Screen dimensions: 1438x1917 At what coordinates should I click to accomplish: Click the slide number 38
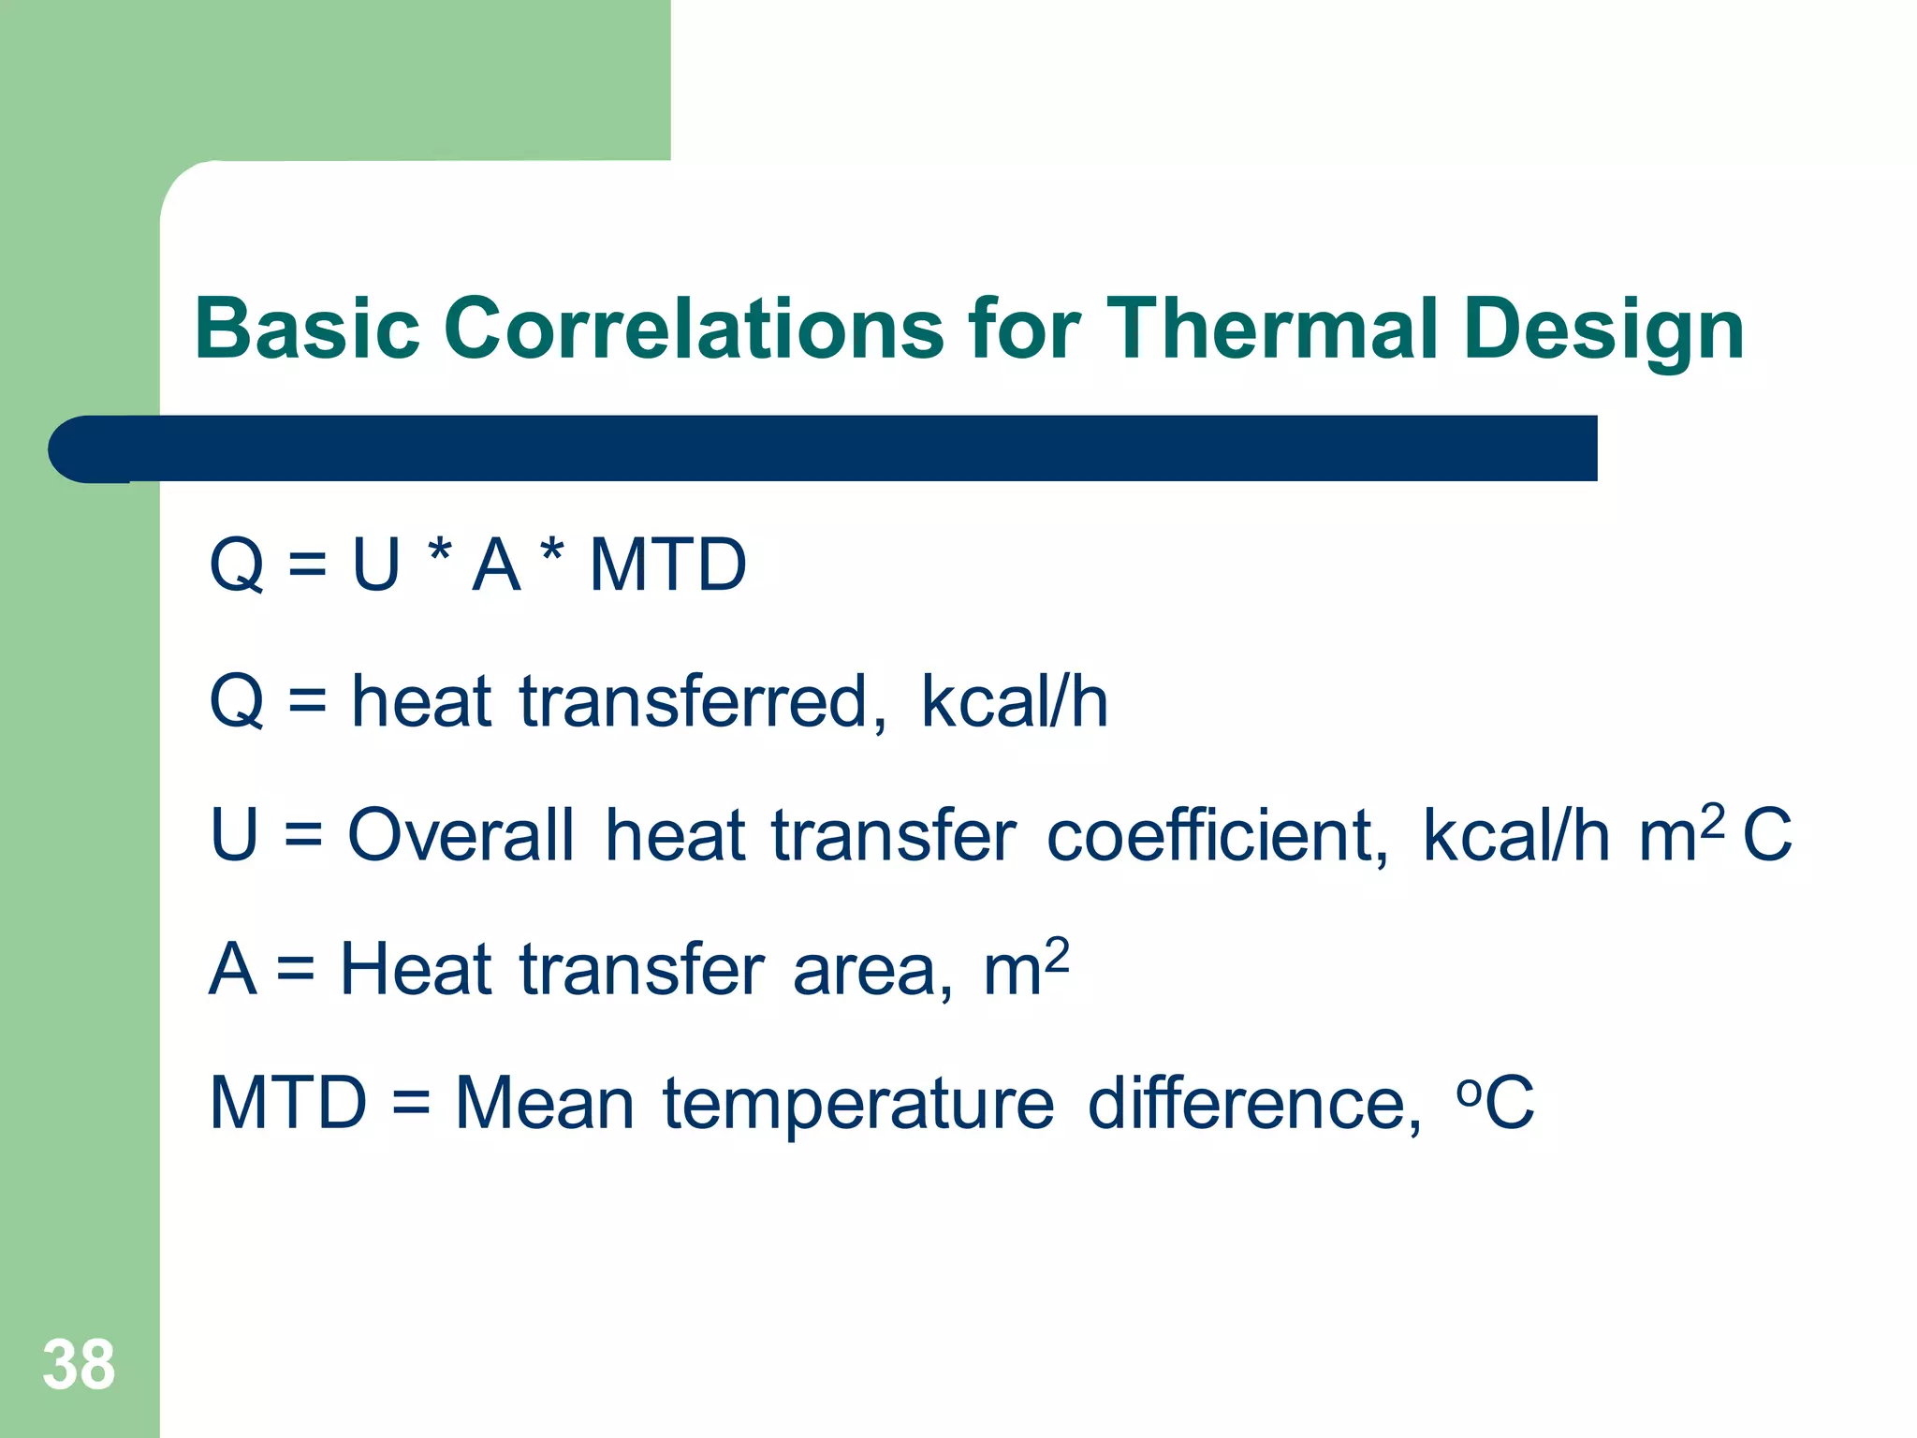pos(79,1365)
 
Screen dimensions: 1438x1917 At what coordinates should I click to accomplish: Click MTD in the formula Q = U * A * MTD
pos(667,565)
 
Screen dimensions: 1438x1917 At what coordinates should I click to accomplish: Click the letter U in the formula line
pos(376,565)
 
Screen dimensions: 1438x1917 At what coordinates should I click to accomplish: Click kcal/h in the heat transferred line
pos(1015,701)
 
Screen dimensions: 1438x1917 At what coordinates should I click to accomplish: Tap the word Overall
pos(461,834)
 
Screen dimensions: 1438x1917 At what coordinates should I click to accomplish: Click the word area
pos(872,971)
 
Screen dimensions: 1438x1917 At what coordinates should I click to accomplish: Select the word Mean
pos(545,1104)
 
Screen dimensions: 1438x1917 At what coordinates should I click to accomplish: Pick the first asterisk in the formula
pos(439,552)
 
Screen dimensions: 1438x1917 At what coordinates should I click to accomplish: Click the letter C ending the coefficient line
pos(1767,834)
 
